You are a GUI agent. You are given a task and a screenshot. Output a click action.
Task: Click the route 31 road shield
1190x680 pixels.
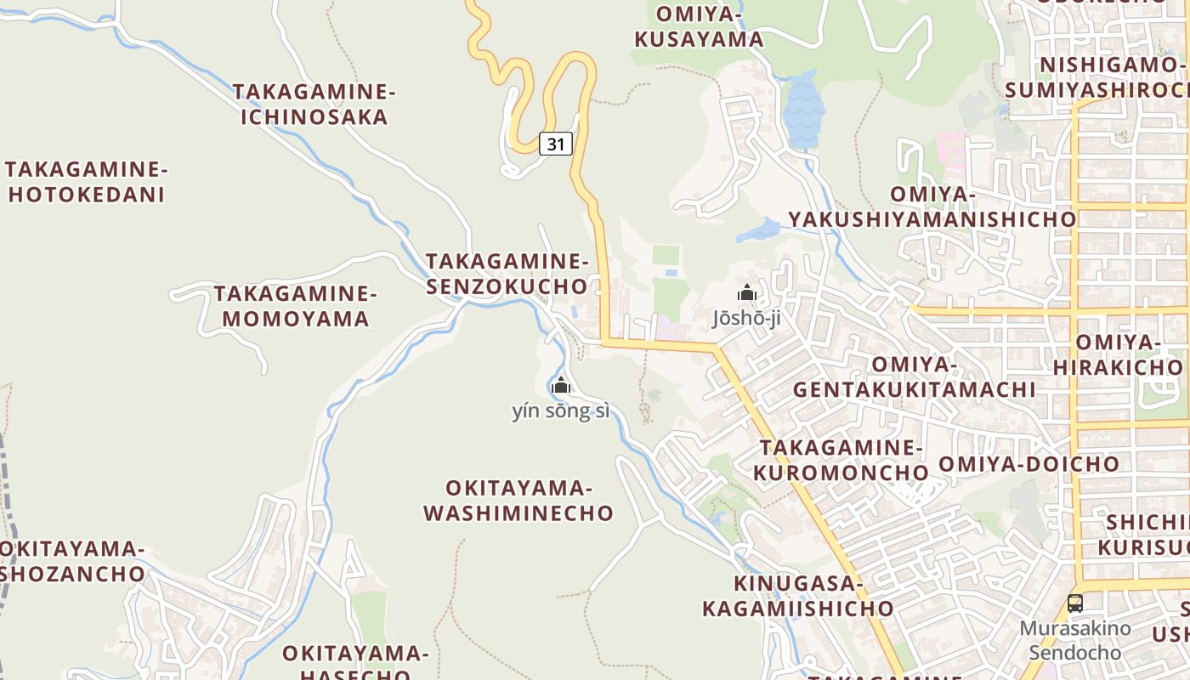point(555,144)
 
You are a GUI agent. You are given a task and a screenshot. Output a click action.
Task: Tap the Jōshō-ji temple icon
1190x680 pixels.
point(747,293)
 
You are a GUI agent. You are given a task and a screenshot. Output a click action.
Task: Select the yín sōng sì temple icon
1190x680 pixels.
point(561,386)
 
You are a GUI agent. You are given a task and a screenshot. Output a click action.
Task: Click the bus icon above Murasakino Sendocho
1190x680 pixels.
point(1075,603)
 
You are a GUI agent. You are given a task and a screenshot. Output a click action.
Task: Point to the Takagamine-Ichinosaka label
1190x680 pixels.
point(314,105)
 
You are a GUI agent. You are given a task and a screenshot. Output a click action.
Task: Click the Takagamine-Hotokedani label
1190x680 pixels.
point(87,182)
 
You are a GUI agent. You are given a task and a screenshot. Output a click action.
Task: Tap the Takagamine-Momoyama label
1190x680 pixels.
point(295,306)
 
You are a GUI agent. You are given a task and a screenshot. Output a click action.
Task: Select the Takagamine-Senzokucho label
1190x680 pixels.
point(507,274)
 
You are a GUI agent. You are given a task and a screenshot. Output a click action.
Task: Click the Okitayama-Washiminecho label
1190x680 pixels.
point(518,501)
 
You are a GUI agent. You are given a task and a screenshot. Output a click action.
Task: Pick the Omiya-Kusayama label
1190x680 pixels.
point(699,27)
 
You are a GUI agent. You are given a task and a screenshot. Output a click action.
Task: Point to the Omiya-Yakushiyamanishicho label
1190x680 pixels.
point(932,207)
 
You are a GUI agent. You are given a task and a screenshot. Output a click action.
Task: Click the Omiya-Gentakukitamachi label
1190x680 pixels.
point(915,377)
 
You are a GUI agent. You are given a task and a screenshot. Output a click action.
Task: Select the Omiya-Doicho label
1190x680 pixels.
point(1029,464)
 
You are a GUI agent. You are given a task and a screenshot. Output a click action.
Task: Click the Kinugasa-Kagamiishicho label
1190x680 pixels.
point(797,596)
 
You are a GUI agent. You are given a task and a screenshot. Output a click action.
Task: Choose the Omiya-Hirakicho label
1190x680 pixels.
point(1118,354)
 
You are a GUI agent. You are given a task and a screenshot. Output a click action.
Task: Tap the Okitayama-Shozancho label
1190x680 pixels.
point(72,561)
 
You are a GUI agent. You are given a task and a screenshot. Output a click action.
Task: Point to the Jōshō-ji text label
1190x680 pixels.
point(746,319)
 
